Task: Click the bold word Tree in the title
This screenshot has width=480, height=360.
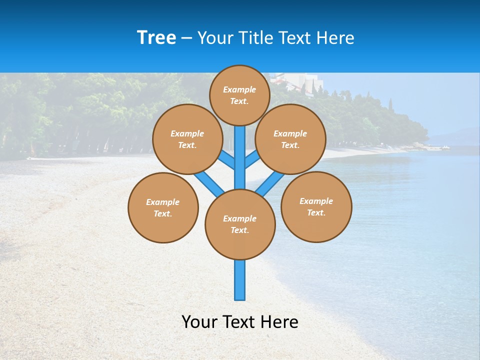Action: [x=156, y=38]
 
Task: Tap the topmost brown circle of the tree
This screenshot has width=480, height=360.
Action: [x=239, y=95]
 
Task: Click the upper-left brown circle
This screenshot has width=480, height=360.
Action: [x=187, y=139]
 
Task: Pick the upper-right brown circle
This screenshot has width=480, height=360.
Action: [x=290, y=139]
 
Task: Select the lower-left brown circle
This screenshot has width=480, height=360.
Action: [x=163, y=207]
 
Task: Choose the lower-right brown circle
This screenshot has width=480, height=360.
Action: [x=316, y=206]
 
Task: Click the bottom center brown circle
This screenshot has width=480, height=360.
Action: [x=240, y=224]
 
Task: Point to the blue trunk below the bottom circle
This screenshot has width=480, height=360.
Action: [x=240, y=280]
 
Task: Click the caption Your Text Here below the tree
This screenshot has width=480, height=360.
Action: [x=240, y=322]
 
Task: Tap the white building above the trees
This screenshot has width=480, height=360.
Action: [x=295, y=80]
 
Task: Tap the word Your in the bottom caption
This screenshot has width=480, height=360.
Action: [x=199, y=322]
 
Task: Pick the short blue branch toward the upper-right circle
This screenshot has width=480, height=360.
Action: [x=252, y=159]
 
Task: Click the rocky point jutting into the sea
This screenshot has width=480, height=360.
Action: [x=425, y=146]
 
